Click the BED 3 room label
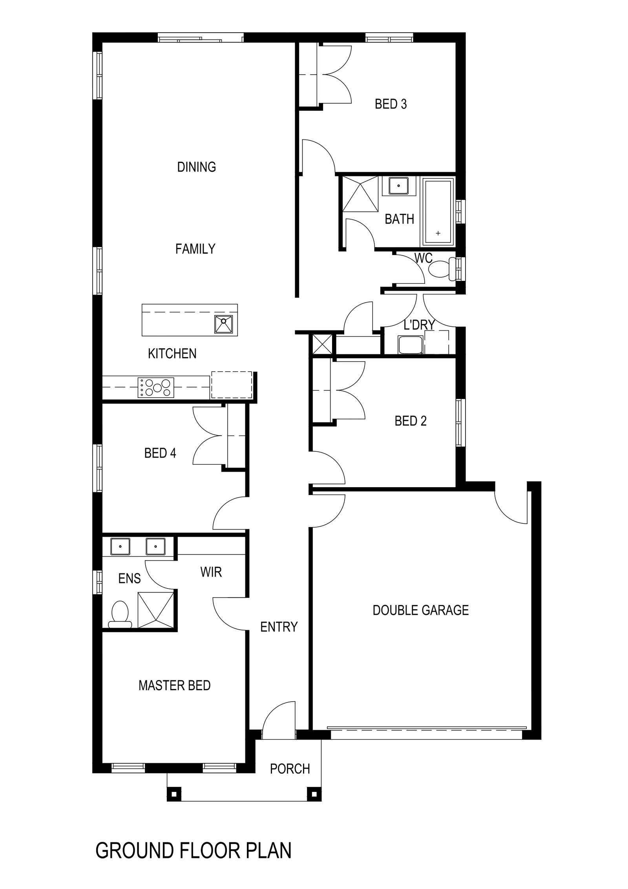point(391,104)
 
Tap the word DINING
point(196,167)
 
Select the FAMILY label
point(195,249)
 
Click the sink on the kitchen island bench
point(223,324)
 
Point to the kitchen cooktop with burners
point(156,387)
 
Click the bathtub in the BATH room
point(438,212)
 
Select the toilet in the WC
point(442,269)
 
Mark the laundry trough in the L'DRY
point(410,345)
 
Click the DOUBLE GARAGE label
point(420,610)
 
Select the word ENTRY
point(279,627)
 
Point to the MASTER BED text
point(174,686)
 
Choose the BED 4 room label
point(160,453)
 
